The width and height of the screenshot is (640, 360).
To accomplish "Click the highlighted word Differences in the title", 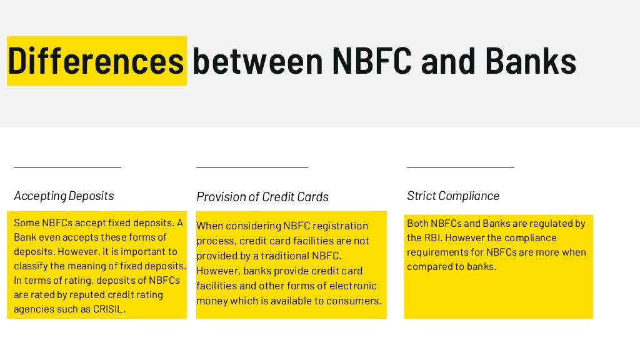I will click(96, 61).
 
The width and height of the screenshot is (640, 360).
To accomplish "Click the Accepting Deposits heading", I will click(64, 196).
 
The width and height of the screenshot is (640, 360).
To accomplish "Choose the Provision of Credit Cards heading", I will click(262, 197).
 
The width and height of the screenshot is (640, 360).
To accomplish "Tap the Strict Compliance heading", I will click(453, 196).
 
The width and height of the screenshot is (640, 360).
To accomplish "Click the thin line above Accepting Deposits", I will click(67, 167).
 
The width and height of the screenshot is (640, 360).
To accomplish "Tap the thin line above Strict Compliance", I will click(461, 167).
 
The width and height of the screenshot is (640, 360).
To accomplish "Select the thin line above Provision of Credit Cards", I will click(252, 167).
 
